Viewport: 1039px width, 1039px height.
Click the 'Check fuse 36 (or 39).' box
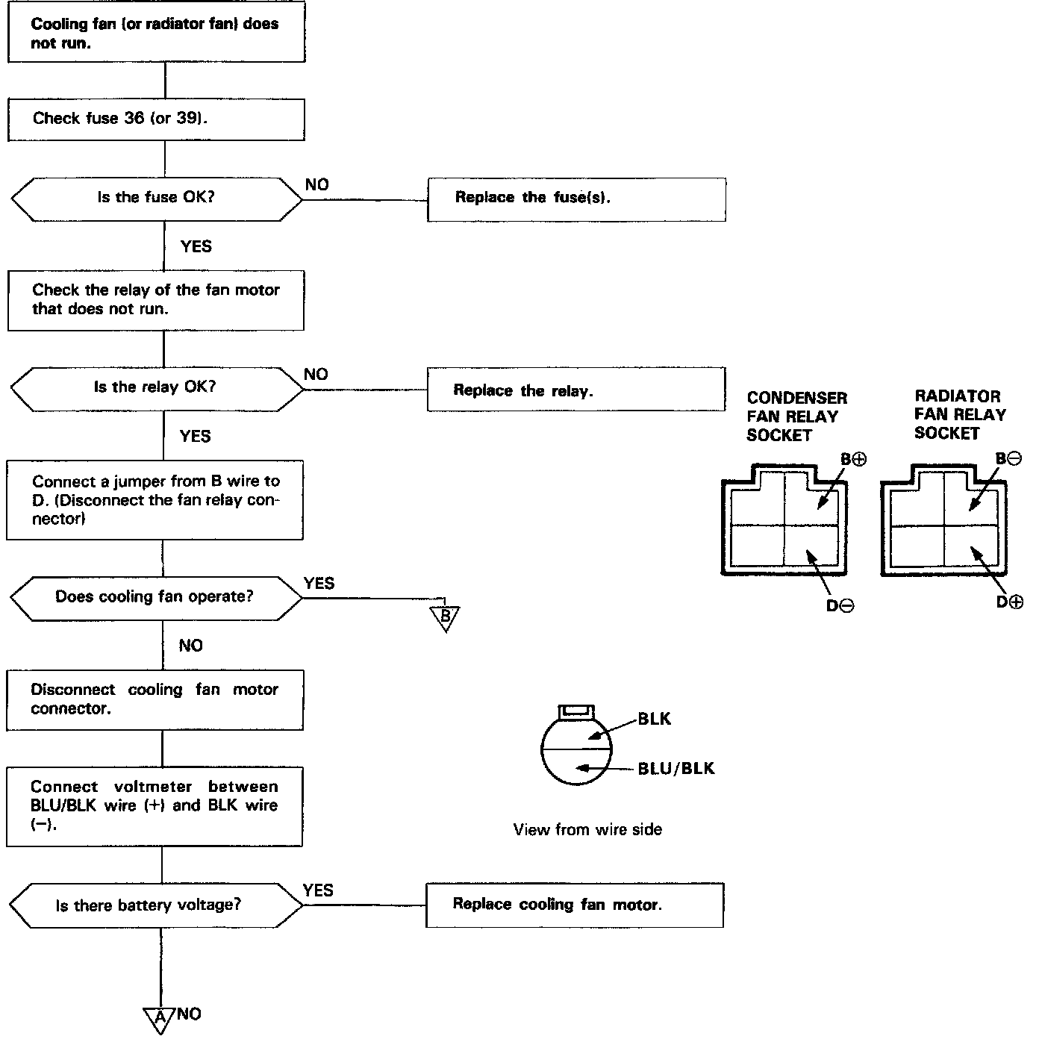click(x=156, y=119)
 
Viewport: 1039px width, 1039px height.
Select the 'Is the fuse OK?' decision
click(x=156, y=199)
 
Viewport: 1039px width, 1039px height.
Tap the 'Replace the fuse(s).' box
click(x=575, y=199)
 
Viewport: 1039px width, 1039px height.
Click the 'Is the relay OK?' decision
click(x=156, y=388)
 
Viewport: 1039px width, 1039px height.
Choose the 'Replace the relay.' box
click(x=575, y=389)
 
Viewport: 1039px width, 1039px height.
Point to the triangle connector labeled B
click(x=445, y=617)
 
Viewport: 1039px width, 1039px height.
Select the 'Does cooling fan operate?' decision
click(x=156, y=598)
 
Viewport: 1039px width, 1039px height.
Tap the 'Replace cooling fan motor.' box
click(x=574, y=905)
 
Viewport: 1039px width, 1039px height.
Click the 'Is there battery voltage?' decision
click(x=156, y=905)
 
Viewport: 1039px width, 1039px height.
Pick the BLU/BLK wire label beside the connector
click(x=676, y=768)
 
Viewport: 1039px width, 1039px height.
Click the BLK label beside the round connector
click(x=655, y=719)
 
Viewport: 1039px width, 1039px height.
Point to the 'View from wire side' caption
click(x=587, y=829)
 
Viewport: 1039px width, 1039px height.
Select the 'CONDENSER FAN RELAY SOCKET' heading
click(x=796, y=416)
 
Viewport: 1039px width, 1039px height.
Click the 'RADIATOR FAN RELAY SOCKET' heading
click(x=960, y=414)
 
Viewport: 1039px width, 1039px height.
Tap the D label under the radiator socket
click(x=1009, y=602)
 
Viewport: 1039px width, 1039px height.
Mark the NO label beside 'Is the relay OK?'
click(x=316, y=374)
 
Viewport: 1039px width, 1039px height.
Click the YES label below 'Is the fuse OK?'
click(x=196, y=246)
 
